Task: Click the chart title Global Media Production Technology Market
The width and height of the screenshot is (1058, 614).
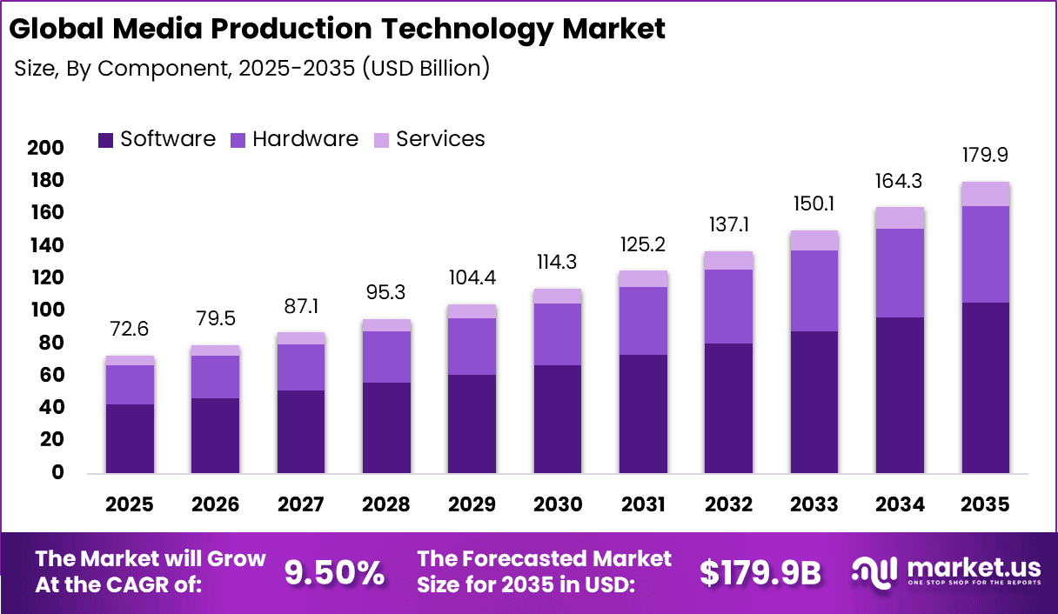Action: coord(337,29)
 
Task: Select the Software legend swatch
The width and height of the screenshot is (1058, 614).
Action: coord(106,140)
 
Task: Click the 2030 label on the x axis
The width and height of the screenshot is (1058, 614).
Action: coord(557,505)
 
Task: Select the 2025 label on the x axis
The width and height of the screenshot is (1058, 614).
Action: coord(130,505)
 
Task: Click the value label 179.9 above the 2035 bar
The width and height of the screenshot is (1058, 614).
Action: coord(985,155)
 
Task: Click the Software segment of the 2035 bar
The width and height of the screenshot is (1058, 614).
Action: coord(985,387)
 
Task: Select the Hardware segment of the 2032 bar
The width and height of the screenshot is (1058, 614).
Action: coord(728,306)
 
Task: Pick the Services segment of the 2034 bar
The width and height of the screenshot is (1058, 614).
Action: coord(900,217)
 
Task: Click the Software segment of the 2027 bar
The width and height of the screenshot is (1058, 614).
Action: coord(301,431)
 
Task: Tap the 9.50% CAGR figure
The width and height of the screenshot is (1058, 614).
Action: coord(335,571)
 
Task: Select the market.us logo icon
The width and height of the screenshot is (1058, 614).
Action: coord(874,571)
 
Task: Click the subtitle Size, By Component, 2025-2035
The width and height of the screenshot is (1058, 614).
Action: coord(252,69)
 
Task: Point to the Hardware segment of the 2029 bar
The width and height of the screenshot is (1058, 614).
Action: coord(472,346)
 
